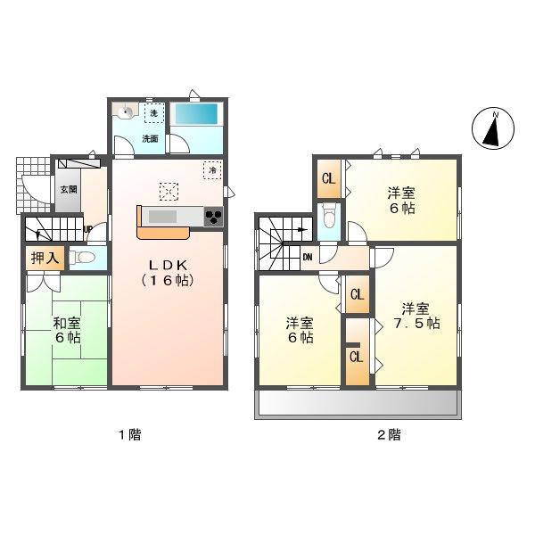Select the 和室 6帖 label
pos(67,331)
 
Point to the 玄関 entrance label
pos(69,189)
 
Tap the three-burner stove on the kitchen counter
pos(214,217)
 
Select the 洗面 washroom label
pos(150,139)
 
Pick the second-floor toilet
pos(329,217)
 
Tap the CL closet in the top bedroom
pos(328,178)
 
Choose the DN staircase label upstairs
pos(308,259)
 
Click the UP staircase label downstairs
pos(87,229)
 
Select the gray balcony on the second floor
pos(357,403)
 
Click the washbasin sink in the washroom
pos(127,112)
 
